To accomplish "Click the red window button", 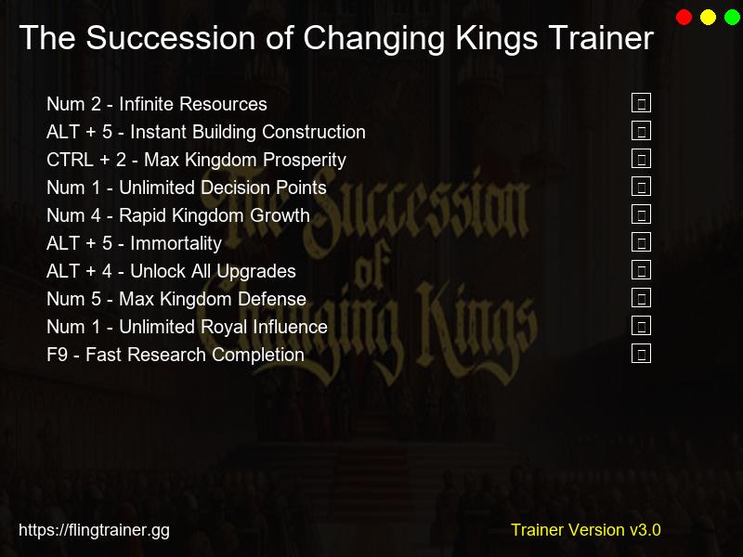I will tap(684, 18).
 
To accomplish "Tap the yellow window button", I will tap(709, 18).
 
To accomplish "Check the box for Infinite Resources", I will tap(641, 103).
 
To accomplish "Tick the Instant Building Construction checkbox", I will tap(641, 131).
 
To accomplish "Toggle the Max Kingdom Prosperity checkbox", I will tap(641, 159).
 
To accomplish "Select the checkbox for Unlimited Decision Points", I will tap(641, 187).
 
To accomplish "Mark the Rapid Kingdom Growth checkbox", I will tap(641, 214).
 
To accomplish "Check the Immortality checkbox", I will tap(641, 242).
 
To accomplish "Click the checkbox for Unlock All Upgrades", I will tap(641, 270).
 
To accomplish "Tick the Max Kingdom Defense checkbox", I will tap(641, 298).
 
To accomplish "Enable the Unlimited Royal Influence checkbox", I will tap(641, 326).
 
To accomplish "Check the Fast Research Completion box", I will tap(641, 354).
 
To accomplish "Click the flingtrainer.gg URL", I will tap(94, 531).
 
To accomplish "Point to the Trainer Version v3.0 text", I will tap(585, 530).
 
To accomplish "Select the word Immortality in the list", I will tap(176, 243).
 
